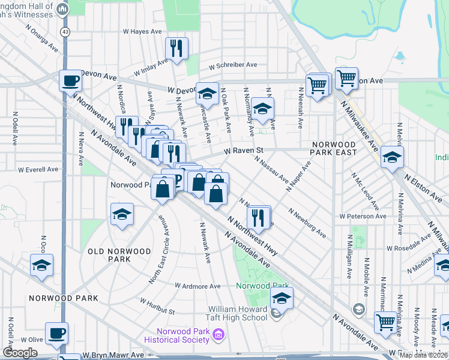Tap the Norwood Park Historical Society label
[x=181, y=336]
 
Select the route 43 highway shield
[x=64, y=31]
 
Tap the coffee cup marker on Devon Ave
[x=70, y=80]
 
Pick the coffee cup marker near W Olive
[x=57, y=333]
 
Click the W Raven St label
[x=244, y=152]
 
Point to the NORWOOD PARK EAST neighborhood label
[x=333, y=148]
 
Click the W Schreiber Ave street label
[x=233, y=65]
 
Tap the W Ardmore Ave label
[x=197, y=286]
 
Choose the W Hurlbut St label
[x=157, y=304]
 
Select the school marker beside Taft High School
[x=281, y=298]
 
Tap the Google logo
[x=20, y=353]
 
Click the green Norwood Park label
[x=262, y=286]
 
